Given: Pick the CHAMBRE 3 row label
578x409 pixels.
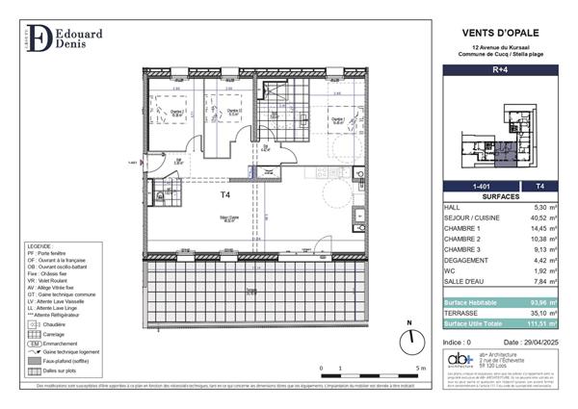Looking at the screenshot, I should click(463, 254).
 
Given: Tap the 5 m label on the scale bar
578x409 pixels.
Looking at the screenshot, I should click(416, 369).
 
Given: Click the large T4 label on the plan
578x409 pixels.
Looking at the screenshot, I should click(224, 193).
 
